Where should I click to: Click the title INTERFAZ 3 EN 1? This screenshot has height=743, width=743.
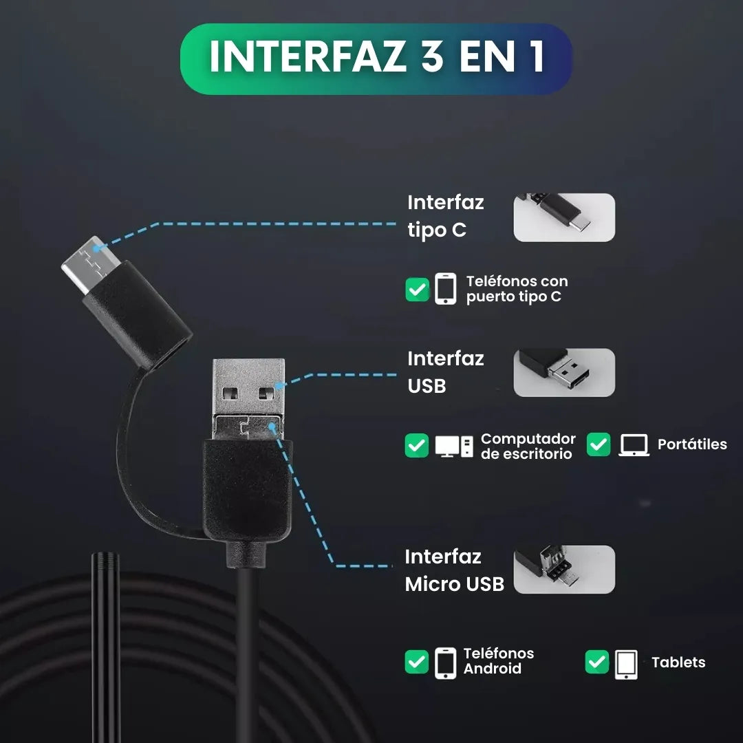[x=376, y=58]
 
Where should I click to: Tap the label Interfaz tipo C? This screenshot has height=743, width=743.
[x=446, y=216]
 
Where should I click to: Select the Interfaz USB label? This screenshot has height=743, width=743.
[x=446, y=372]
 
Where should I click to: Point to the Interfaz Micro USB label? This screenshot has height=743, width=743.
[x=454, y=570]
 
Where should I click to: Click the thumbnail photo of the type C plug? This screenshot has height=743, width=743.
[x=564, y=217]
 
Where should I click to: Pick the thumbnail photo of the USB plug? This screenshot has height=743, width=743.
[x=564, y=372]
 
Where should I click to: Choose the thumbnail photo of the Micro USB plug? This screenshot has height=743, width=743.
[x=564, y=570]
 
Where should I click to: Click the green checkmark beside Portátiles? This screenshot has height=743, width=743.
[x=599, y=444]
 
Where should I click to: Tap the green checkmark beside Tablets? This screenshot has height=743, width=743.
[x=597, y=663]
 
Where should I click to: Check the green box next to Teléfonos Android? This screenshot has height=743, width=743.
[x=417, y=663]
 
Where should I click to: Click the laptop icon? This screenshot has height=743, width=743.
[x=634, y=445]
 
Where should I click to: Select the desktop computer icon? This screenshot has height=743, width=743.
[x=454, y=446]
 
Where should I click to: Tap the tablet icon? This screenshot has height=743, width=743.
[x=626, y=664]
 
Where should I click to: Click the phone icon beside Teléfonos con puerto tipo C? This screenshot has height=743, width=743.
[x=445, y=289]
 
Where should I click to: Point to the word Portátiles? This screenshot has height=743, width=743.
[x=692, y=444]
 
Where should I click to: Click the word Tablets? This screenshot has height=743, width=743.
[x=678, y=663]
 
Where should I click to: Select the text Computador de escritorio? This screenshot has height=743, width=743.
[x=528, y=446]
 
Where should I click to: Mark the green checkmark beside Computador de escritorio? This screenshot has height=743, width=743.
[x=417, y=446]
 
